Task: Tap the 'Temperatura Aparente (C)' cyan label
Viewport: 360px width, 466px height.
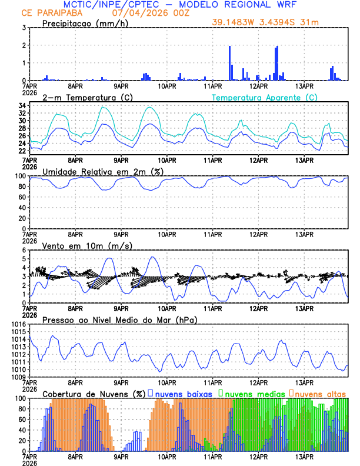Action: [265, 97]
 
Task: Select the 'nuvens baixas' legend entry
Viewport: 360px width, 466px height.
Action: [179, 393]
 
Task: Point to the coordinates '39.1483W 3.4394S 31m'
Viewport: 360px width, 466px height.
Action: [267, 23]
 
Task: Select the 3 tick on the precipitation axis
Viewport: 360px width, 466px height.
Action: [24, 28]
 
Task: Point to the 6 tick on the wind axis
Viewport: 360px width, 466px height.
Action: [24, 250]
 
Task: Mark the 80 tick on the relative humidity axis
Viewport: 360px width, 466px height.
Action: [21, 187]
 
